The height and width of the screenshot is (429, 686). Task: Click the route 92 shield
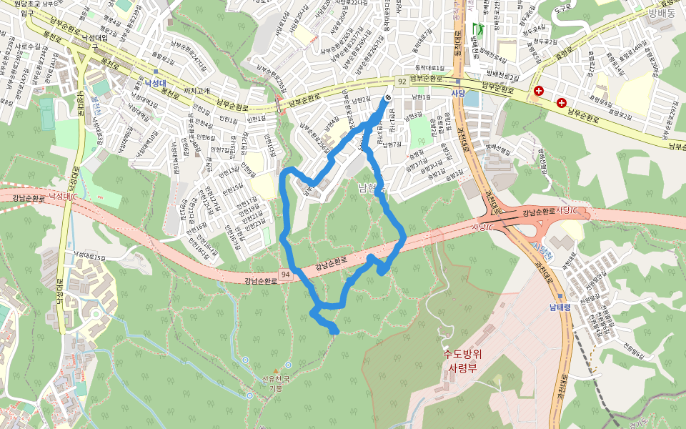coord(402,82)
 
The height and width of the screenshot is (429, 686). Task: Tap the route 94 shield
coord(285,274)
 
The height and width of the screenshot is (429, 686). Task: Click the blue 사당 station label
coord(458,93)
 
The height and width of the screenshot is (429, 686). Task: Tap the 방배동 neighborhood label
coord(662,12)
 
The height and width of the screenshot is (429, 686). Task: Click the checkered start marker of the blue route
coord(387,98)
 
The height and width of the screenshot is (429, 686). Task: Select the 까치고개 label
coord(197,91)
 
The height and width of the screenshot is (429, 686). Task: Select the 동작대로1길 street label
coord(429,68)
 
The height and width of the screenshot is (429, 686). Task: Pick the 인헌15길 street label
coord(233,189)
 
